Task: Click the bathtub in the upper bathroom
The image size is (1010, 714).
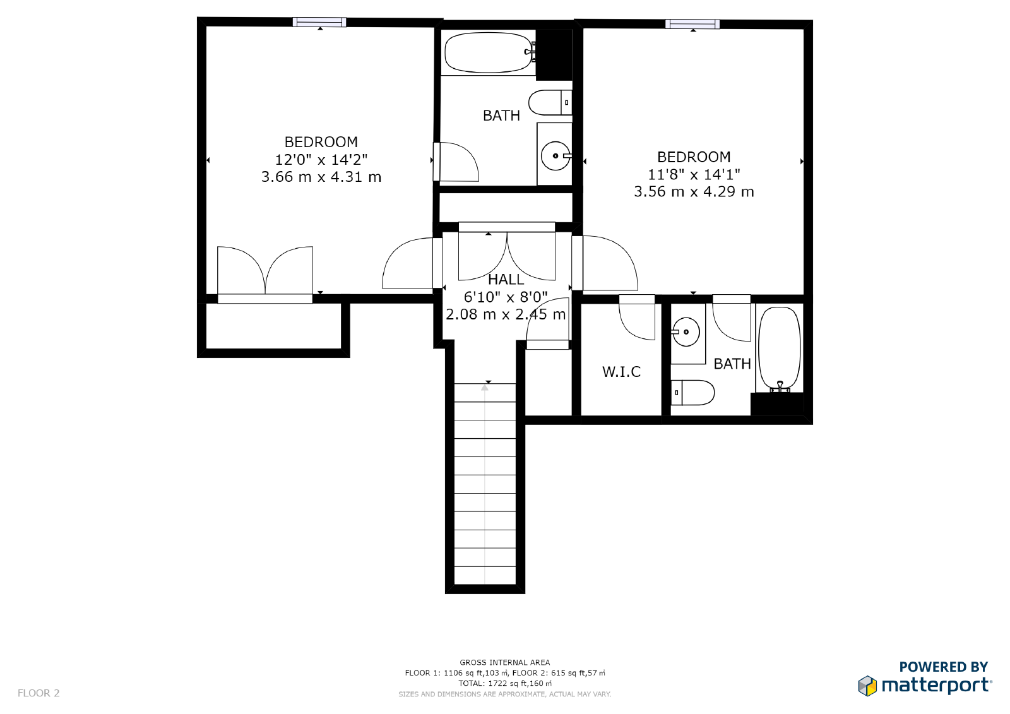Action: tap(487, 53)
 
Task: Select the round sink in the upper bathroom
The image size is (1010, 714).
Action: tap(555, 155)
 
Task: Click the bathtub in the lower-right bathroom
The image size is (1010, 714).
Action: tap(779, 348)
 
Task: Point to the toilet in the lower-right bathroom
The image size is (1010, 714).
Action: tap(692, 393)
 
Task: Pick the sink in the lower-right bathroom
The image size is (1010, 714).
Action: tap(686, 331)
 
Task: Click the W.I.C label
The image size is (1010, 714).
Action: tap(621, 372)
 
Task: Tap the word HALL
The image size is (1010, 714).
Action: tap(506, 280)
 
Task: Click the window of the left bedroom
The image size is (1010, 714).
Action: tap(319, 22)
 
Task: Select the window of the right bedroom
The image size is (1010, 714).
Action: tap(692, 24)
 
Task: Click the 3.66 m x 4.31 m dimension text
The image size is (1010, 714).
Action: tap(321, 177)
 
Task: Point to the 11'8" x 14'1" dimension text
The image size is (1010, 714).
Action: tap(694, 174)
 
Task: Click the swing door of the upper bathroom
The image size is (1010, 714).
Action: tap(456, 162)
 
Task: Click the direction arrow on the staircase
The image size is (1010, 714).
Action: tap(485, 388)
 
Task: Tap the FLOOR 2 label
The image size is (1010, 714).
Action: tap(39, 693)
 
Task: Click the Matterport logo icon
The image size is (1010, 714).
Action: tap(867, 686)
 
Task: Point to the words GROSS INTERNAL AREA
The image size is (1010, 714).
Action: tap(504, 662)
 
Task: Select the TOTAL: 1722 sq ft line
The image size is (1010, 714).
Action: tap(504, 683)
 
